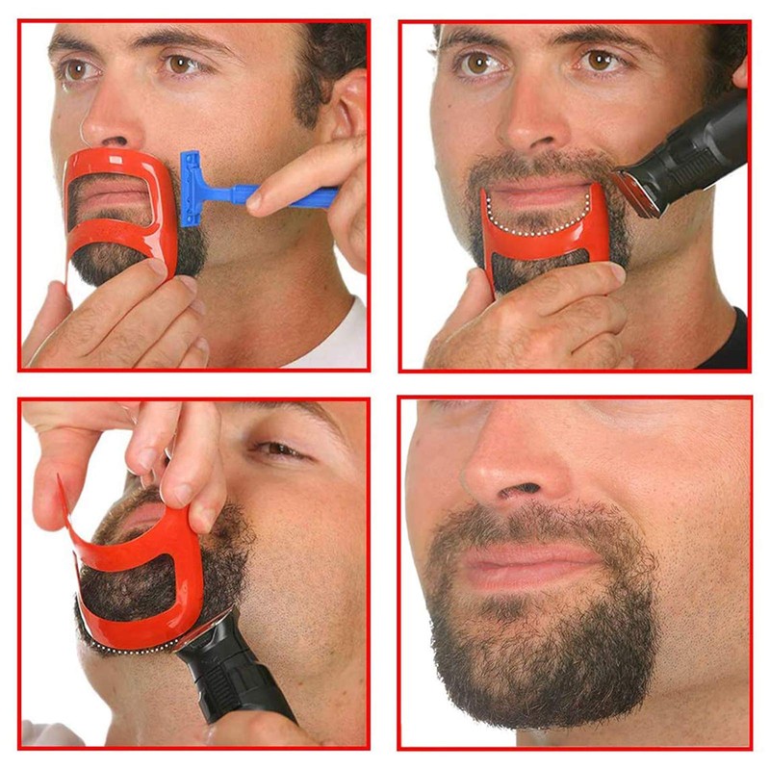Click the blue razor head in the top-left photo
(x=191, y=189)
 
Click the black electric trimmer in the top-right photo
(x=688, y=154)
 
